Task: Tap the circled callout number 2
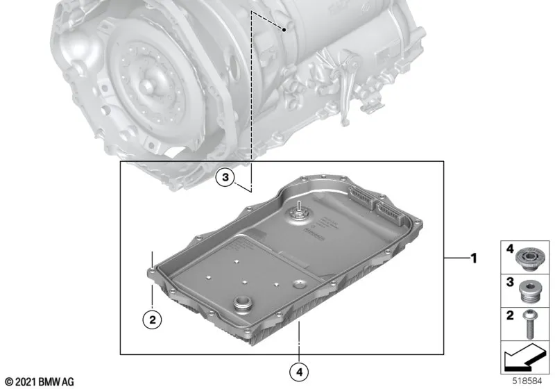pos(152,320)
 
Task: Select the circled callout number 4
pos(298,372)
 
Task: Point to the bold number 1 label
pos(474,258)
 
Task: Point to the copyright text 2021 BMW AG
pos(38,381)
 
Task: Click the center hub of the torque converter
pos(148,88)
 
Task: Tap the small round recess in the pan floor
pos(299,284)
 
